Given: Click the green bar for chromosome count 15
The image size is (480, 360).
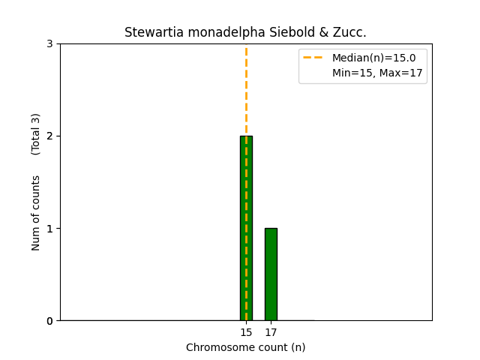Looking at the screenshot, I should coord(246,228).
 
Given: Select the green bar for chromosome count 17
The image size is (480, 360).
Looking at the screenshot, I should coord(271,274).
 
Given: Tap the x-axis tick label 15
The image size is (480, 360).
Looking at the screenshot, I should coord(246,333).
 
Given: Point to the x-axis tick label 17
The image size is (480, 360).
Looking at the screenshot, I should coord(271,333).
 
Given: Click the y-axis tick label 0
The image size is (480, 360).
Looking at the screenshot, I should coord(49,321).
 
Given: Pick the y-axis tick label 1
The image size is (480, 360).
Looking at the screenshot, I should coord(49,229).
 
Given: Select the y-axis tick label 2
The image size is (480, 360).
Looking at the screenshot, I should coord(49,136).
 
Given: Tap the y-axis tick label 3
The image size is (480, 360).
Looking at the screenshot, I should coord(49,44).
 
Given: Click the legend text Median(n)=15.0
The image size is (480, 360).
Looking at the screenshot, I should coord(373,57).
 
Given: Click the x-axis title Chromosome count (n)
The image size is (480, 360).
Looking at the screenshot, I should coord(246,347).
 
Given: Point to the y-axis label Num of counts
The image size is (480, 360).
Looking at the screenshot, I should coord(36,213).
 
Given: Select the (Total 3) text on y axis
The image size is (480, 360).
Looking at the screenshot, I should coord(36,134).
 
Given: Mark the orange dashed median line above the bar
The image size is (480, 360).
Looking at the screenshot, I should coord(246,90).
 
